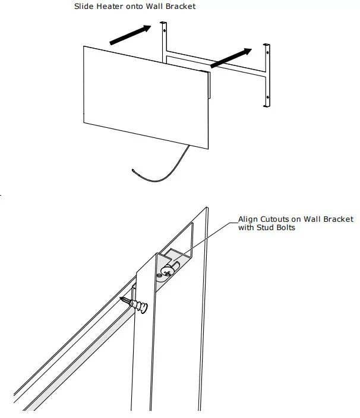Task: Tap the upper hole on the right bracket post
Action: coord(267,52)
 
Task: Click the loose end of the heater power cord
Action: coord(134,171)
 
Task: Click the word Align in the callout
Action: coord(248,219)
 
